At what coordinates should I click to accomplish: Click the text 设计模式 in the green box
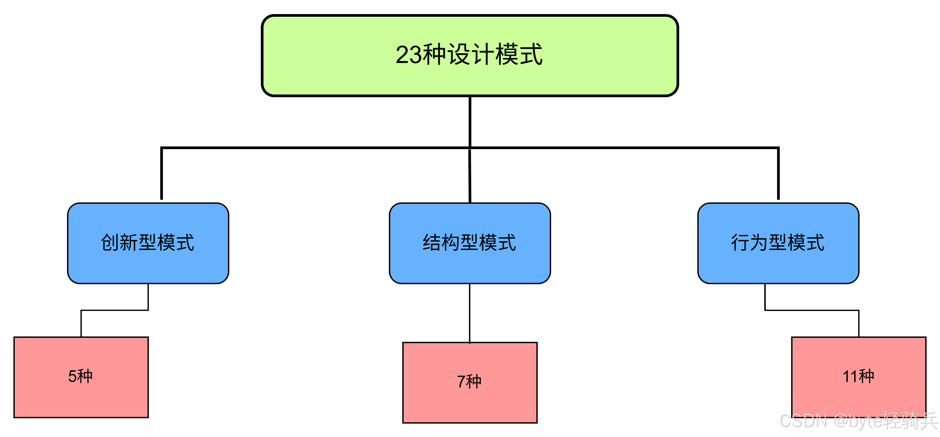[495, 55]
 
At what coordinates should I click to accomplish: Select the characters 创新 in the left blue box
[119, 243]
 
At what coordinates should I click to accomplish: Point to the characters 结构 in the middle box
[441, 243]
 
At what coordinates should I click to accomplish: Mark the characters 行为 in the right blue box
[750, 243]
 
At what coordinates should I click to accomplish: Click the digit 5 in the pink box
[72, 376]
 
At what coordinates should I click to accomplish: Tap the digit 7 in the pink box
[461, 382]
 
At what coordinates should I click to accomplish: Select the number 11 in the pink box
[849, 376]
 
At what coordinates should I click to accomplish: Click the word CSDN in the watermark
[803, 421]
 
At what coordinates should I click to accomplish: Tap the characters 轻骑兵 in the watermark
[910, 421]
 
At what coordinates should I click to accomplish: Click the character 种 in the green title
[434, 55]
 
